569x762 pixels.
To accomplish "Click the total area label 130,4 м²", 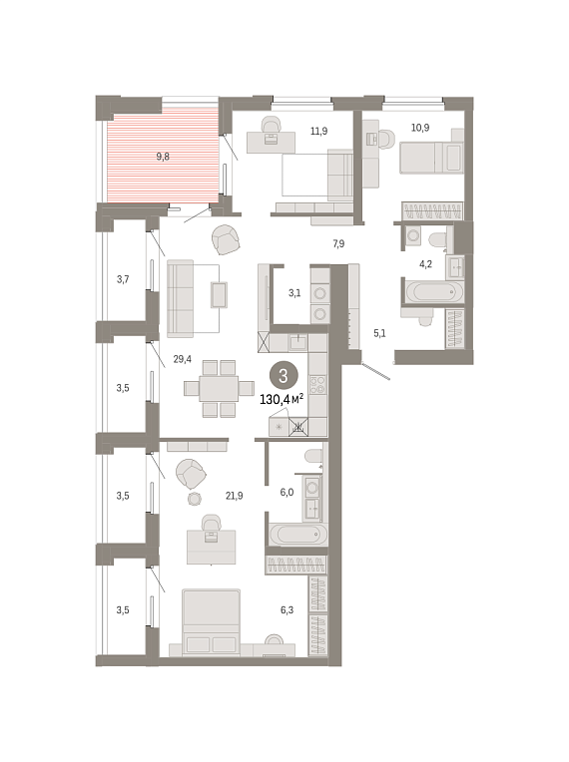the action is [282, 400].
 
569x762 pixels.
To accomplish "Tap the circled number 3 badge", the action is [283, 376].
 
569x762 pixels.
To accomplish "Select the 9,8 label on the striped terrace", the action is [163, 157].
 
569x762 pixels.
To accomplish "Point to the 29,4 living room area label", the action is [183, 359].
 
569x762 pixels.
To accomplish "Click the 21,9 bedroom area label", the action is [234, 496].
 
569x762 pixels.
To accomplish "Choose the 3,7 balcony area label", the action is [123, 279].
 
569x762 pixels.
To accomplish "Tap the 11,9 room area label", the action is [319, 131].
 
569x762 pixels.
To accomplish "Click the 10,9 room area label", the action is [420, 128].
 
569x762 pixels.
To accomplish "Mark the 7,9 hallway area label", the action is [338, 244].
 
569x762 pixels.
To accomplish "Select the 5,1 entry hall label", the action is [379, 333].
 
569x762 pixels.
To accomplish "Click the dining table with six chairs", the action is [219, 388].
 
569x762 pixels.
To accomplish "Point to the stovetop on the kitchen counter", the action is [317, 385].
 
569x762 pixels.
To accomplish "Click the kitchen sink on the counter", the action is [297, 343].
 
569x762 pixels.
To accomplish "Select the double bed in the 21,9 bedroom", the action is [211, 622].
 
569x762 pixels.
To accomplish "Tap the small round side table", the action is [195, 499].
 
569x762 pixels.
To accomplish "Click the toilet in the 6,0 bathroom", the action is [313, 458].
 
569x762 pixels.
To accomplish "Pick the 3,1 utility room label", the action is [294, 293].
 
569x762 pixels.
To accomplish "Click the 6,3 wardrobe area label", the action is [286, 609].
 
